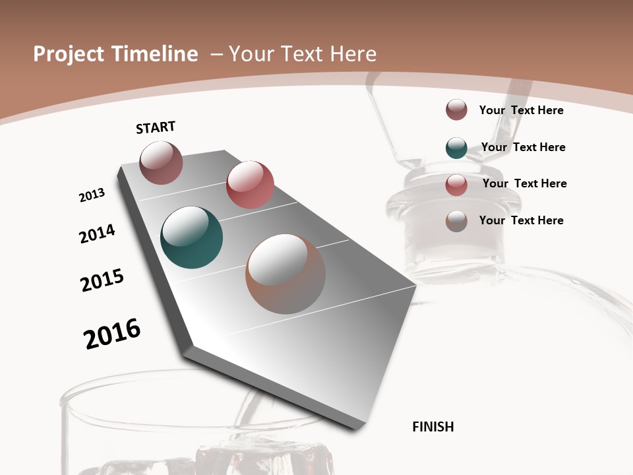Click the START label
point(156,127)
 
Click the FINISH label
point(433,427)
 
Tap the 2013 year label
point(92,195)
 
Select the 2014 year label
point(97,234)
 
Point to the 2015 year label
point(102,280)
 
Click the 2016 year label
point(112,333)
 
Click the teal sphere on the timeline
point(191,237)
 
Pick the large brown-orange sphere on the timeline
point(286,274)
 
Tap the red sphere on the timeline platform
point(250,184)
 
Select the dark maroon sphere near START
point(161,162)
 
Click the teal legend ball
point(456,148)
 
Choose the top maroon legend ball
point(456,110)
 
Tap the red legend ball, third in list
point(456,185)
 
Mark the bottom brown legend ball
point(456,221)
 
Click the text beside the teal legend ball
point(523,147)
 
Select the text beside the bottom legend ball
point(521,220)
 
